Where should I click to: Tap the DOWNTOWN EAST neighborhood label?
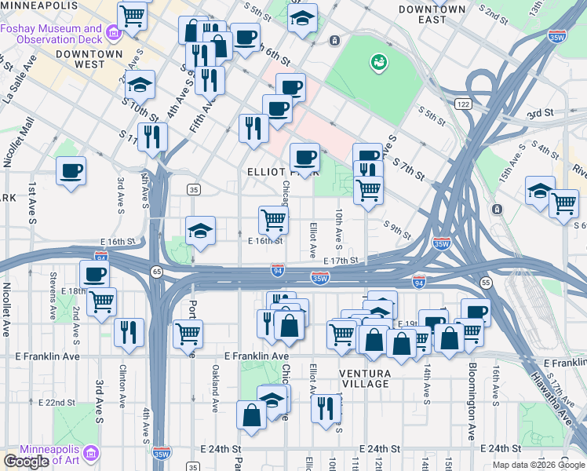coord(432,15)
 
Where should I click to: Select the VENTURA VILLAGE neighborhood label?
coord(365,378)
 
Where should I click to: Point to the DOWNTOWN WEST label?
coord(89,59)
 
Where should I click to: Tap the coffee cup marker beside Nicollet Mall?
coord(71,170)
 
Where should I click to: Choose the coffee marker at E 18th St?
coord(93,275)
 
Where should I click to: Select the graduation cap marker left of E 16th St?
coord(200,230)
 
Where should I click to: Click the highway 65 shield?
coord(157,271)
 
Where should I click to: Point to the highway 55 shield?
coord(486,282)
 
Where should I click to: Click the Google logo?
coord(26,462)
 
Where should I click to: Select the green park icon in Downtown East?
coord(378,60)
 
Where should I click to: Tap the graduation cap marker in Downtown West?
coord(140,84)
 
